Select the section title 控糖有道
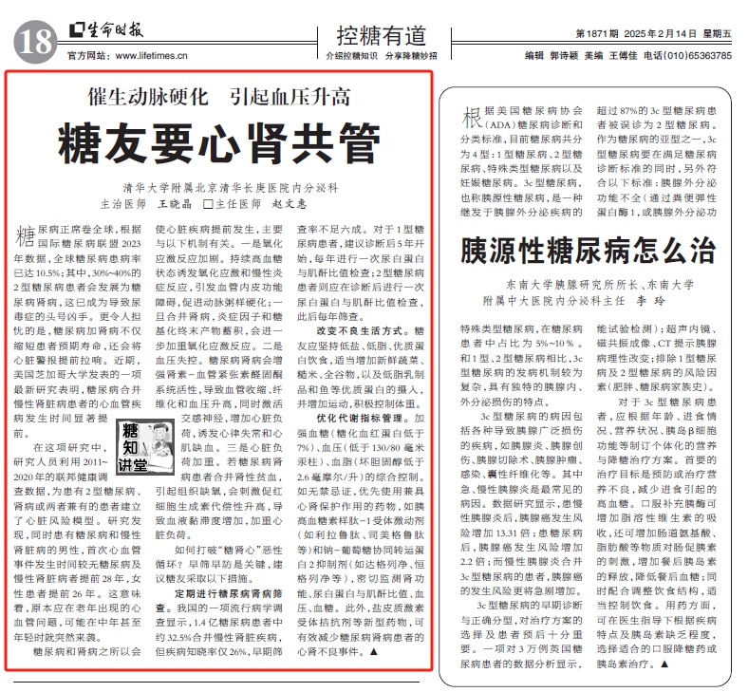click(380, 36)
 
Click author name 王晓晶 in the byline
click(174, 203)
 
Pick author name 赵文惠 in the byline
click(290, 203)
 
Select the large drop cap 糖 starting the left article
click(28, 236)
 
